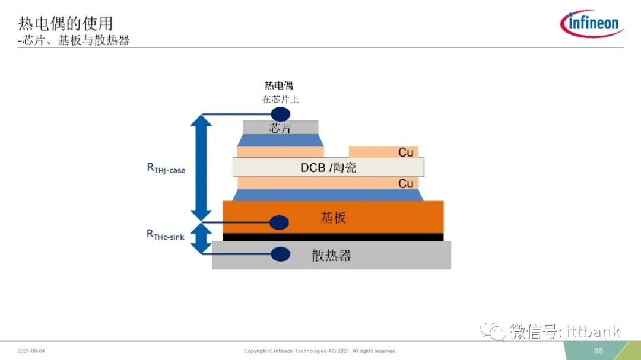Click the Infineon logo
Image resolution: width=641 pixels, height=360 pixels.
pyautogui.click(x=592, y=23)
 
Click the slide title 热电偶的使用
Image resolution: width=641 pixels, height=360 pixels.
pyautogui.click(x=65, y=24)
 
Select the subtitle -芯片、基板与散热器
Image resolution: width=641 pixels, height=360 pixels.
pyautogui.click(x=74, y=40)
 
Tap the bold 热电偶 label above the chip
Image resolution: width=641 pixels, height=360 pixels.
pyautogui.click(x=279, y=86)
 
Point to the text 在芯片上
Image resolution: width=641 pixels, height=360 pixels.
pyautogui.click(x=280, y=99)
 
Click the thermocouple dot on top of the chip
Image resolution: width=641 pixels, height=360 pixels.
pyautogui.click(x=280, y=114)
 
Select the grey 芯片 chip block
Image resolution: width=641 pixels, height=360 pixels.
pyautogui.click(x=280, y=128)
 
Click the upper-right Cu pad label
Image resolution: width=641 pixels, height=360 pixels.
pyautogui.click(x=406, y=152)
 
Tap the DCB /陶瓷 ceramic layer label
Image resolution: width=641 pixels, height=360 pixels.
pyautogui.click(x=328, y=167)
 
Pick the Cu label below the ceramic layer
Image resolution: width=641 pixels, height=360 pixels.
pyautogui.click(x=406, y=183)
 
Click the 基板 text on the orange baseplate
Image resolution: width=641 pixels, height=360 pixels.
pyautogui.click(x=333, y=218)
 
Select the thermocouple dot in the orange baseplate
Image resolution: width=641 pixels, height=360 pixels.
pyautogui.click(x=280, y=222)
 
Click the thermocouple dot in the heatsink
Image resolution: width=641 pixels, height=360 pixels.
pyautogui.click(x=280, y=254)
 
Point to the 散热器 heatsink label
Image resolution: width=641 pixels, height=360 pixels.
pyautogui.click(x=331, y=256)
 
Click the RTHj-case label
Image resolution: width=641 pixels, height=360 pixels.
pyautogui.click(x=166, y=168)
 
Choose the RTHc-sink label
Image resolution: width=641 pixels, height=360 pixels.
pyautogui.click(x=166, y=235)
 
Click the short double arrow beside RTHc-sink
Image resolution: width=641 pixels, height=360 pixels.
pyautogui.click(x=201, y=238)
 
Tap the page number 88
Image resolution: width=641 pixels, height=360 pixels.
pyautogui.click(x=598, y=351)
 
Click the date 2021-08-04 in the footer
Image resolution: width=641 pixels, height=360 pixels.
pyautogui.click(x=31, y=351)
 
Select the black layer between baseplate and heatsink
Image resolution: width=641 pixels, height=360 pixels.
pyautogui.click(x=333, y=237)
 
